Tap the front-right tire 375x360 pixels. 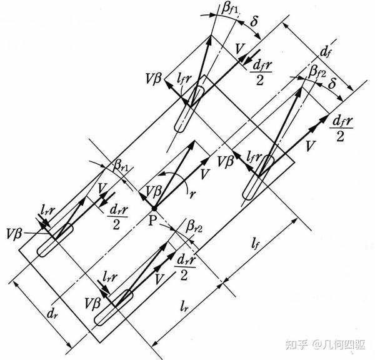point(256,180)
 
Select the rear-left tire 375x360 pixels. point(55,240)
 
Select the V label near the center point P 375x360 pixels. point(205,171)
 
